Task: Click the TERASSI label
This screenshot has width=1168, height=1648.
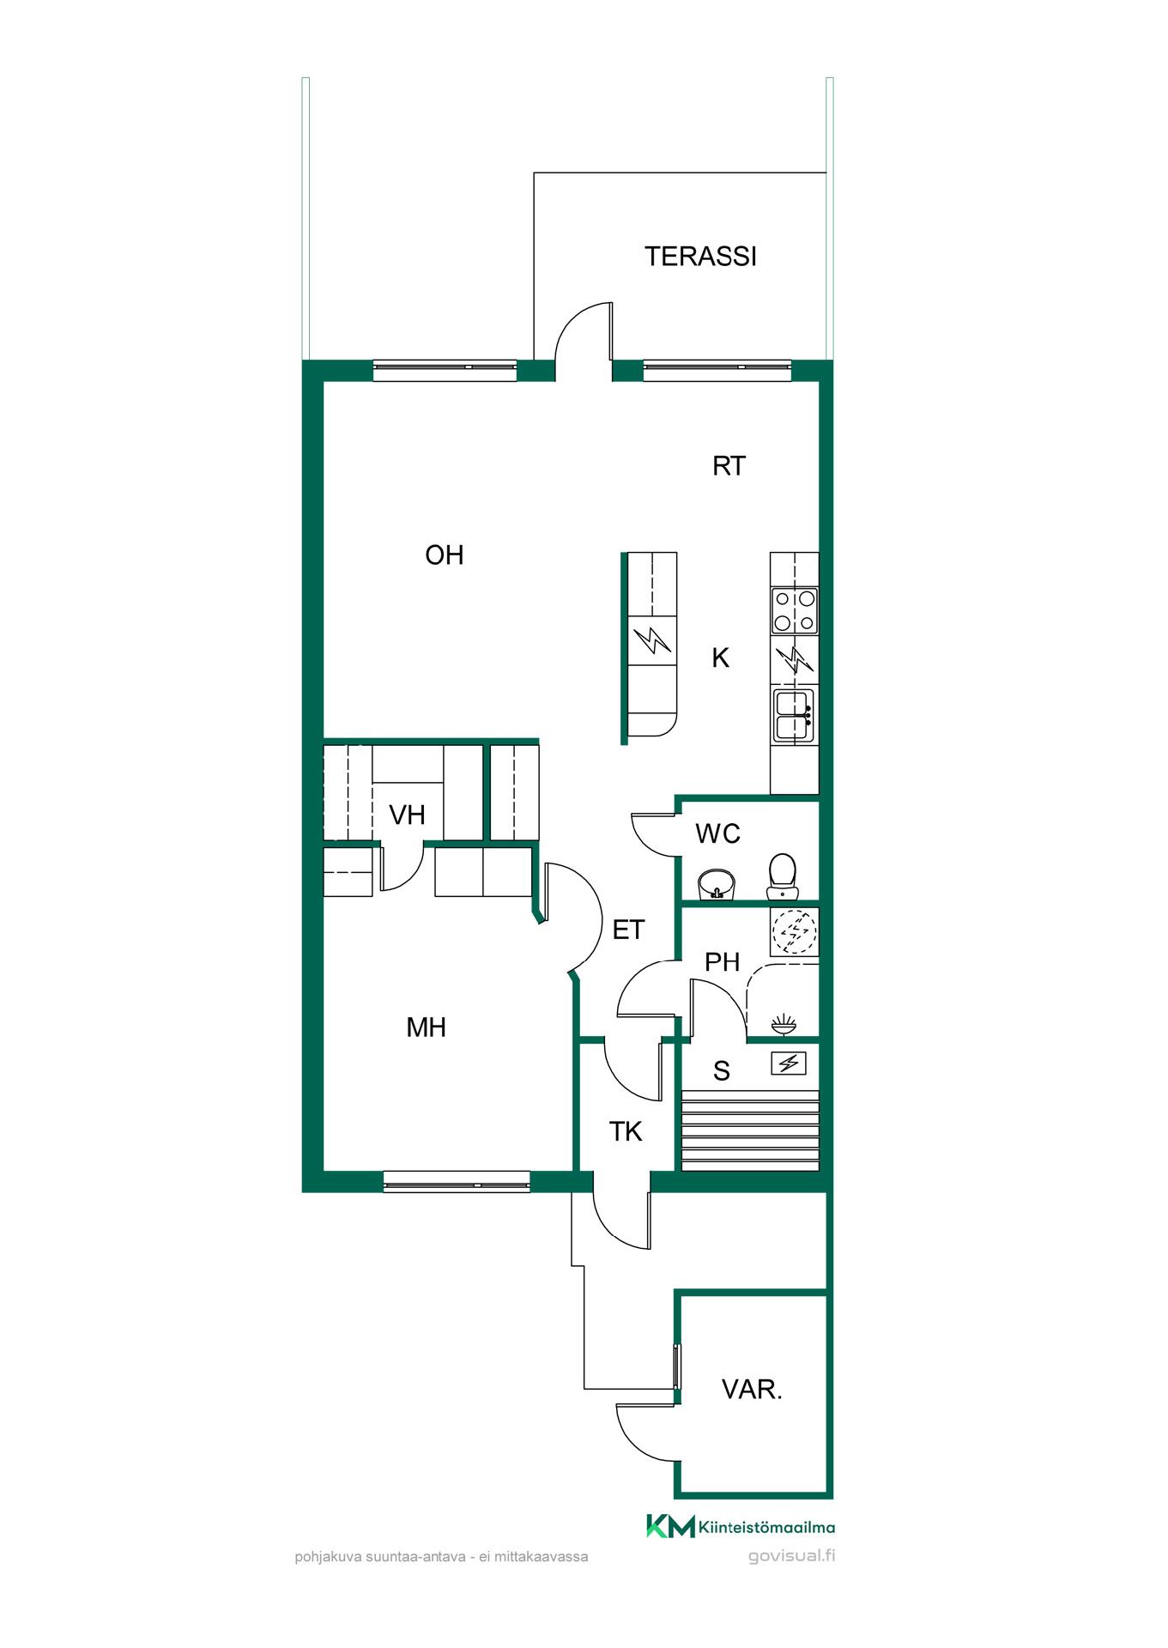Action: click(700, 257)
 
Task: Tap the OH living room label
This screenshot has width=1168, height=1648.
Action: click(445, 555)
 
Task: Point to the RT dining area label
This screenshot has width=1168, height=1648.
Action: click(729, 466)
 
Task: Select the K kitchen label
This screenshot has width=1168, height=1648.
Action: click(721, 658)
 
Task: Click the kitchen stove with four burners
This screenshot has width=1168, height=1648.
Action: click(794, 610)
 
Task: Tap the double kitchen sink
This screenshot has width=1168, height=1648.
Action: click(794, 715)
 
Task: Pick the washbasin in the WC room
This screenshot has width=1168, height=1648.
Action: click(717, 884)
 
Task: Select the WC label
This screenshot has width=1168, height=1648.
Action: click(717, 833)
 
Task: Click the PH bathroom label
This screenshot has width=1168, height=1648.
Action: click(722, 962)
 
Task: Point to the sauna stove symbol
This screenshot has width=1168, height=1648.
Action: click(788, 1064)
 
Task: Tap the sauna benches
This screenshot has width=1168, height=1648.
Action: click(750, 1130)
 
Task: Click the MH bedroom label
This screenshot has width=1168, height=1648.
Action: click(426, 1027)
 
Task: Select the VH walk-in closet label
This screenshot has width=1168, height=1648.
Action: click(407, 815)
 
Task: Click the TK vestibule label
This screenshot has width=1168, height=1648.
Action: click(626, 1132)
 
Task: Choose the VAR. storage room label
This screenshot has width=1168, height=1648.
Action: click(752, 1390)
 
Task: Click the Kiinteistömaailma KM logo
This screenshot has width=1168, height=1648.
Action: click(740, 1527)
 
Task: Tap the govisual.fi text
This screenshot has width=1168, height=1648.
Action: click(791, 1556)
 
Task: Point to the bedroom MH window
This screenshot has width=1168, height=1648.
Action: click(457, 1182)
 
